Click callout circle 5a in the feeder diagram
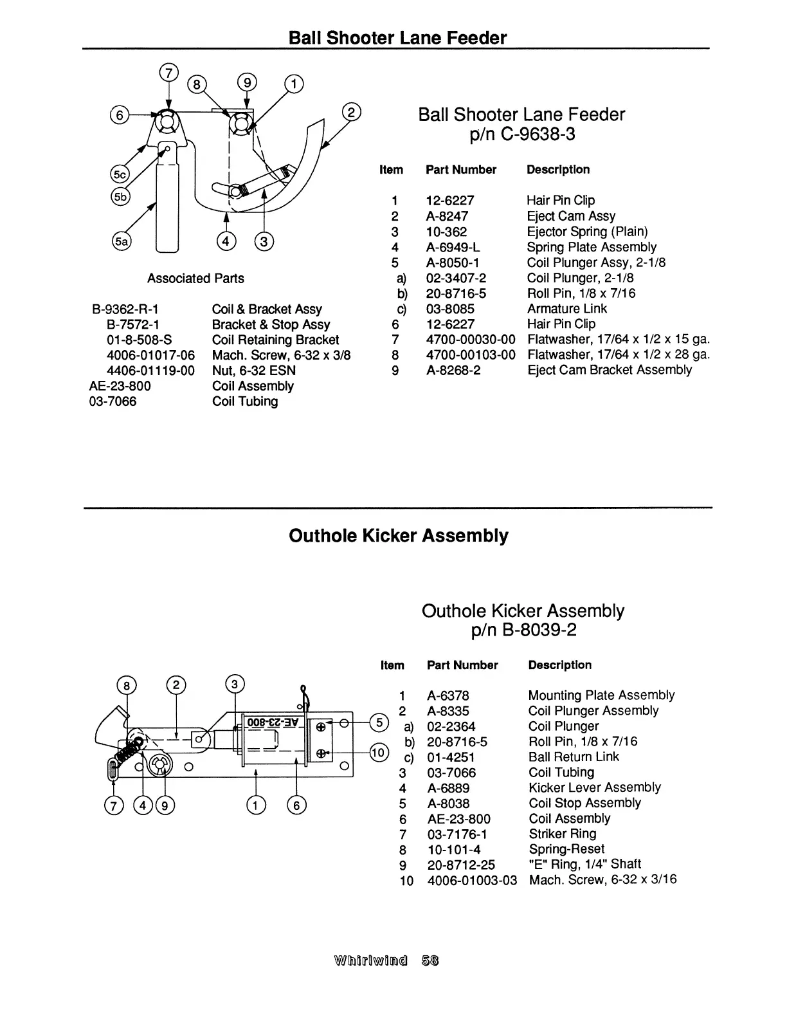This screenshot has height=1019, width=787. [121, 241]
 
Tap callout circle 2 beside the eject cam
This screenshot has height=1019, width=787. [351, 112]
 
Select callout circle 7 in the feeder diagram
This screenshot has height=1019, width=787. [168, 73]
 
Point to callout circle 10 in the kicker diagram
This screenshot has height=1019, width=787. [379, 752]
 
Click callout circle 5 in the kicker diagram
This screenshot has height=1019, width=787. [379, 722]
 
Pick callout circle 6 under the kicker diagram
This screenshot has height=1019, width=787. [296, 805]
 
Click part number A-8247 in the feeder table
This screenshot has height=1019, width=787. [447, 216]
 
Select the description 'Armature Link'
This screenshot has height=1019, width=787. [566, 309]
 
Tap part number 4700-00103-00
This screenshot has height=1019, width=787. [471, 354]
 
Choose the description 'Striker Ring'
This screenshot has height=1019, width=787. [562, 834]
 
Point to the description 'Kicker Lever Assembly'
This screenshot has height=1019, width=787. [594, 787]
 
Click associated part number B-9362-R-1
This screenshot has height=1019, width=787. [126, 309]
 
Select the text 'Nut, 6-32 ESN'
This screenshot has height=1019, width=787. [253, 371]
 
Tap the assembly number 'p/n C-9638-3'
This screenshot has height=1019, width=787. [521, 134]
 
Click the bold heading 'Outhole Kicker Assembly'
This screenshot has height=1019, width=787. [398, 535]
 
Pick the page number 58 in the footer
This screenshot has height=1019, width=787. [430, 961]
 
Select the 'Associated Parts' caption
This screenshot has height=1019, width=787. [195, 279]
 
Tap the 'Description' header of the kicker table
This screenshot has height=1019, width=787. [559, 665]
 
